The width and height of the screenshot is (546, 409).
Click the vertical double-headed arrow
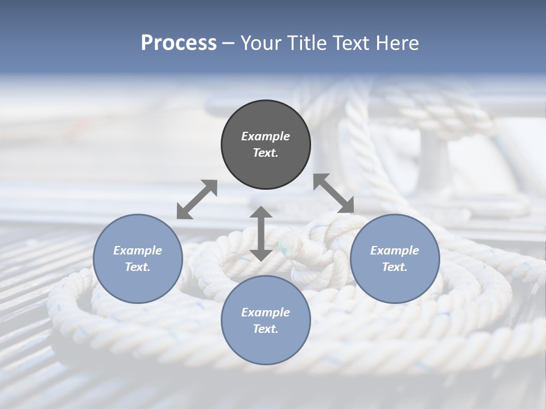click(x=261, y=233)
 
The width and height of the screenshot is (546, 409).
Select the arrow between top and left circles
click(x=197, y=199)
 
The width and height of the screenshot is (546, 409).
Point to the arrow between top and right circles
click(x=334, y=193)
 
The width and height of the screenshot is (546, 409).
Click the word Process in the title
click(x=179, y=43)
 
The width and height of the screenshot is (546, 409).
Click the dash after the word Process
click(x=229, y=43)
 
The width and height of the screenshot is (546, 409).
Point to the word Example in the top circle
click(x=266, y=136)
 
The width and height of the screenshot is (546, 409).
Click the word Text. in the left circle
click(x=138, y=267)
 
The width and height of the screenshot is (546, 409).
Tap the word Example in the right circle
click(x=395, y=251)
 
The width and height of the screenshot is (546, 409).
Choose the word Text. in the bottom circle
click(x=266, y=329)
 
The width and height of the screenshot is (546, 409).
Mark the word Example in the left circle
click(x=138, y=251)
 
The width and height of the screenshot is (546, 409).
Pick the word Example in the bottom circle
click(x=266, y=312)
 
